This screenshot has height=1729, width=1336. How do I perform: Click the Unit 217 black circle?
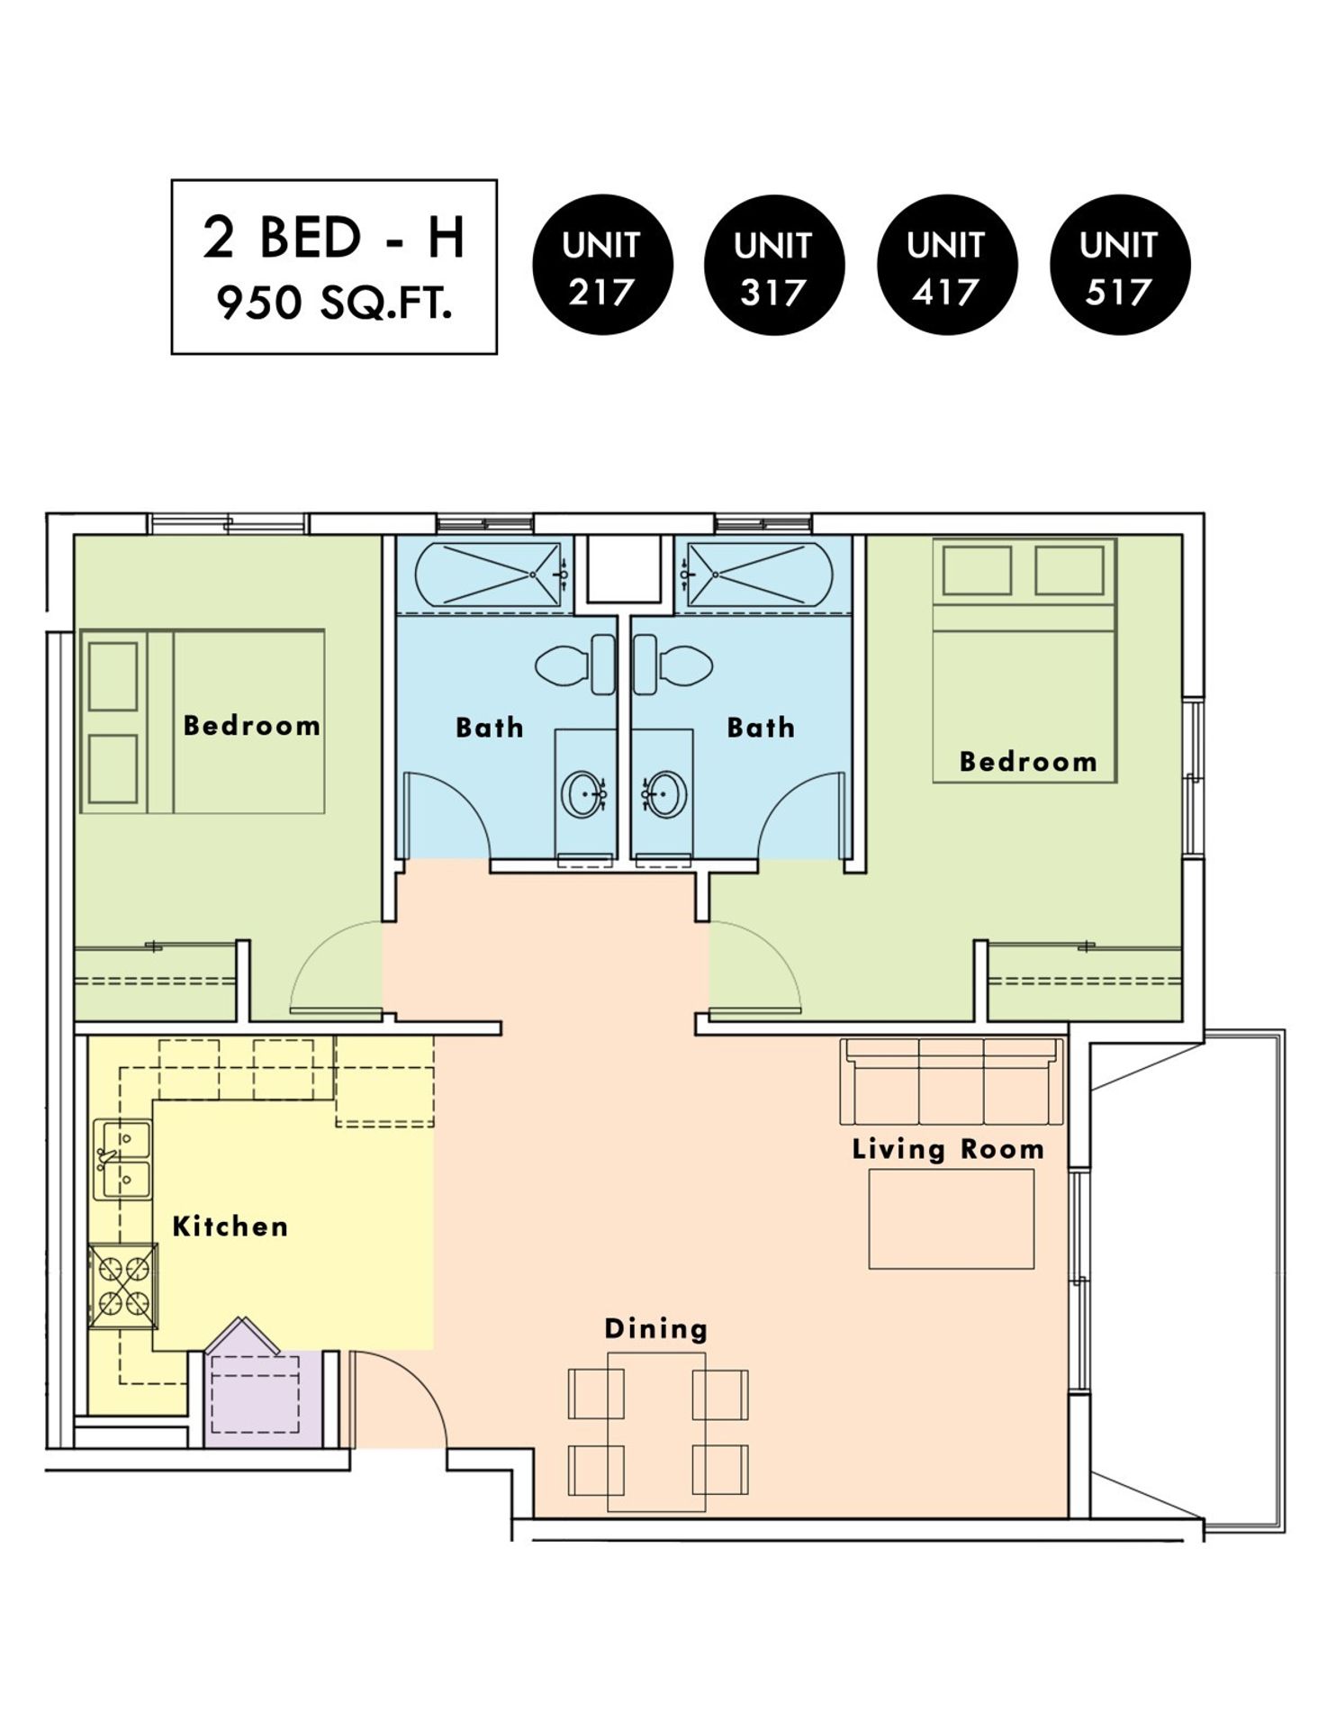(602, 266)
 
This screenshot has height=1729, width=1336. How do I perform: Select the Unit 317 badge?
(774, 266)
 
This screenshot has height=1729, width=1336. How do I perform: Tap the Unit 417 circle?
(947, 266)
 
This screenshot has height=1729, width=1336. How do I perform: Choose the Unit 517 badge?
(1120, 266)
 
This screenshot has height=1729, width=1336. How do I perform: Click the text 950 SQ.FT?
(334, 304)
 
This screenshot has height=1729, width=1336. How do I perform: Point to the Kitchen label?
(230, 1227)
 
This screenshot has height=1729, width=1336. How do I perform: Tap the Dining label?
(656, 1329)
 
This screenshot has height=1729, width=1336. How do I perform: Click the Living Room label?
(948, 1149)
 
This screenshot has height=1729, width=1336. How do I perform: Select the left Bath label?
(490, 728)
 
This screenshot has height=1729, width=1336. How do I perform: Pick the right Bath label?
(762, 728)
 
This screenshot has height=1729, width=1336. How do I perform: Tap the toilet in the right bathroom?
(673, 665)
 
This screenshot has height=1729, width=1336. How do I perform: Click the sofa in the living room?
(952, 1082)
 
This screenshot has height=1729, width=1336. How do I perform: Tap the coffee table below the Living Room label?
(952, 1219)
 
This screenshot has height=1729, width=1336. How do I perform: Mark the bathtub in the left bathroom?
(492, 575)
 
